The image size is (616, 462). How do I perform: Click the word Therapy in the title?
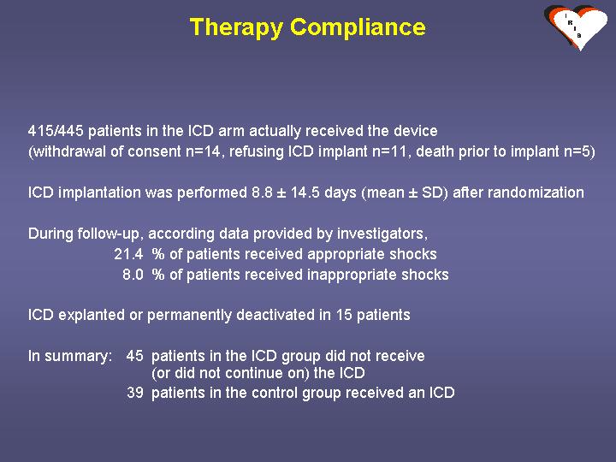(x=236, y=27)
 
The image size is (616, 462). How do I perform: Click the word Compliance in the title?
(x=358, y=27)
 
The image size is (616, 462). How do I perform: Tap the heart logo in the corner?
(x=576, y=27)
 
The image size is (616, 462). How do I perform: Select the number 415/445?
(x=56, y=131)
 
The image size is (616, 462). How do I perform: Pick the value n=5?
(x=579, y=151)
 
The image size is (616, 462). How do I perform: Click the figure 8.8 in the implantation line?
(x=262, y=192)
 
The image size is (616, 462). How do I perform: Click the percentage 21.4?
(x=128, y=254)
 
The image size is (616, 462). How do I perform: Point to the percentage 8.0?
(x=133, y=275)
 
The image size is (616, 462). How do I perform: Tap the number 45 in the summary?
(x=135, y=356)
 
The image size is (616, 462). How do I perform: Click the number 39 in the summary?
(x=135, y=393)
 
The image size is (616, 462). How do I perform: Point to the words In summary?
(x=70, y=356)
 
